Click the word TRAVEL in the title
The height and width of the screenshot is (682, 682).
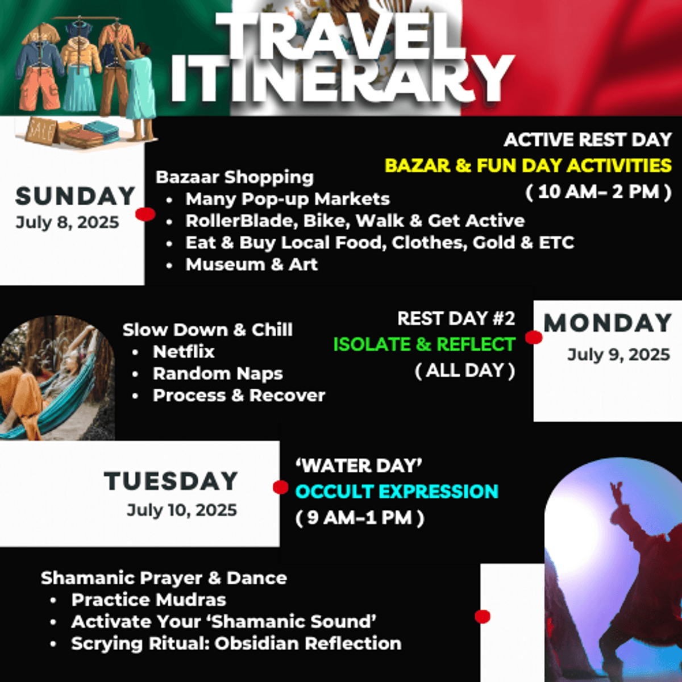tap(341, 36)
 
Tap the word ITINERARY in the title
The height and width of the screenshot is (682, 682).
tap(342, 80)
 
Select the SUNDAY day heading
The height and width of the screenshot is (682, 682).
tap(76, 196)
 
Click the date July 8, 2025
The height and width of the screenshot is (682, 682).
tap(67, 223)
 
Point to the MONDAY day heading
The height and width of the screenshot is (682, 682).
tap(608, 323)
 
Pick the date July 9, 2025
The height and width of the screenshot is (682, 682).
tap(619, 355)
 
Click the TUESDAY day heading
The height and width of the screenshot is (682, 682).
tap(170, 481)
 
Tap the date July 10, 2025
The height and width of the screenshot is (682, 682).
tap(182, 510)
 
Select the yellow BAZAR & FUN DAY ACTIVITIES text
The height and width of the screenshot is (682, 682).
tap(528, 165)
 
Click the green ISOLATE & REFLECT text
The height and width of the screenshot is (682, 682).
tap(424, 344)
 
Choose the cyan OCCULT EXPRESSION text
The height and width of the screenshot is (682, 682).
tap(397, 492)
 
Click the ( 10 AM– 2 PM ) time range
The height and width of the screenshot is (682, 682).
tap(598, 192)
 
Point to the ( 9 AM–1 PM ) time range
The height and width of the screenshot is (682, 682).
tap(360, 518)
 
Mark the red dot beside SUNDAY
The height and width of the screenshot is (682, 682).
tap(145, 214)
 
